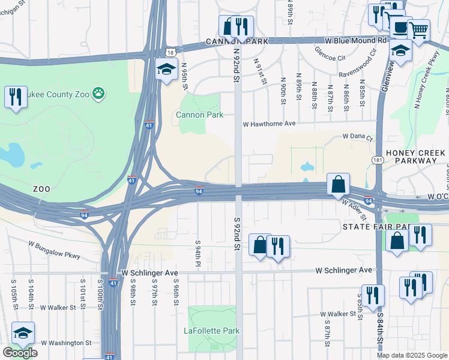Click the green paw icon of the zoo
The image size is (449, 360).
point(99,93)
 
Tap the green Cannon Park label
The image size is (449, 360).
point(199,115)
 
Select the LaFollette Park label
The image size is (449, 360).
point(212,331)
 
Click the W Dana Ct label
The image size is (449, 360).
point(358,137)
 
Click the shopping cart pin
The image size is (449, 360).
point(418,28)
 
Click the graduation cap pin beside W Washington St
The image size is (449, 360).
point(23,334)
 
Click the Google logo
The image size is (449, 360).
point(20,353)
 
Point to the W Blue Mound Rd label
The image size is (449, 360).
point(355,41)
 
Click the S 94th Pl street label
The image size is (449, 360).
point(197,254)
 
